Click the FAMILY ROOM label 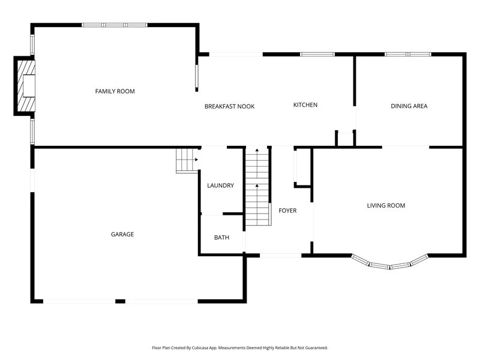(115, 91)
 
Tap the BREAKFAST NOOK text (230, 107)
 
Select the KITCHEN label (305, 105)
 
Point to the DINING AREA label (409, 106)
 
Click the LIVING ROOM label (386, 206)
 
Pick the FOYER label (287, 211)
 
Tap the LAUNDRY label (220, 185)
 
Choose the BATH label (221, 238)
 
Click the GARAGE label (122, 235)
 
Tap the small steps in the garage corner (187, 161)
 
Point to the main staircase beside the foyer (257, 187)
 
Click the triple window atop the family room (115, 25)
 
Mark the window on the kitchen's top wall (317, 55)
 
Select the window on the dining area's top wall (408, 55)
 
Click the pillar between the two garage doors (121, 302)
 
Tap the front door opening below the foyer (281, 256)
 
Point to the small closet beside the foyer (302, 167)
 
